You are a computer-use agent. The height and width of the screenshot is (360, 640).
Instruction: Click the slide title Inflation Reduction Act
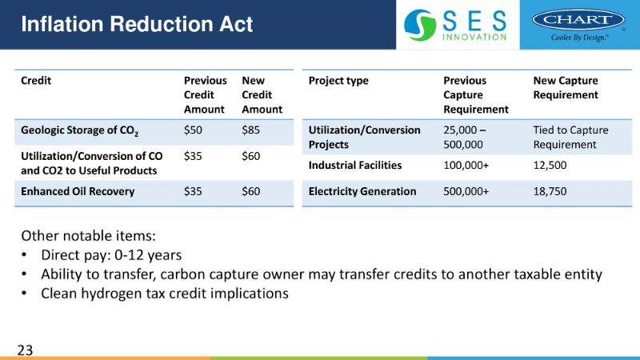point(137,24)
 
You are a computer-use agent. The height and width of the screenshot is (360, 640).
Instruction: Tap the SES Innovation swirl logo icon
point(420,25)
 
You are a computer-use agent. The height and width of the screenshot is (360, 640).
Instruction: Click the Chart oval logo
point(578,19)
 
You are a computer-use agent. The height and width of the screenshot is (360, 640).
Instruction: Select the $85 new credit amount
point(250,130)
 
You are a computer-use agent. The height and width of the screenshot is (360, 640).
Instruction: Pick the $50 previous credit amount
point(193,130)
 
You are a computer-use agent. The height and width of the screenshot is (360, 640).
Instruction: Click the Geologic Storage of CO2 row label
point(79,131)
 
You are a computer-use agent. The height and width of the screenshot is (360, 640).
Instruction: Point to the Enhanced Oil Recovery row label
point(78,191)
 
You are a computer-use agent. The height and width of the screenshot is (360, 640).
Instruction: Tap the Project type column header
point(338,81)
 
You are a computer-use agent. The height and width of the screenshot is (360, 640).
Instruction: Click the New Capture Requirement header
point(566,88)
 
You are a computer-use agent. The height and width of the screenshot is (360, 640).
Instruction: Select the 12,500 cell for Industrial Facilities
point(550,166)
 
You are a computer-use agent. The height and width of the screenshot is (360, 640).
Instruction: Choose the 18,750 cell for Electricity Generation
point(550,191)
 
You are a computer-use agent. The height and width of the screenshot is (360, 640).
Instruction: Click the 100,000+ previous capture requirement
point(466,166)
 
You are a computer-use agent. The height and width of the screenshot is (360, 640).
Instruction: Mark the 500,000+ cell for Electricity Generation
point(466,191)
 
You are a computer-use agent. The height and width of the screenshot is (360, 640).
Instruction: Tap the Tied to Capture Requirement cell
point(570,137)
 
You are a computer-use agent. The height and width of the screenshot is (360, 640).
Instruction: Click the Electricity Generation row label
point(362,191)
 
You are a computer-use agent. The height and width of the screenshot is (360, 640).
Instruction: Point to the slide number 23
point(25,350)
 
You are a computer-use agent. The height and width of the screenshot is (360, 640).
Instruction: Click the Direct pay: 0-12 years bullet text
point(111,255)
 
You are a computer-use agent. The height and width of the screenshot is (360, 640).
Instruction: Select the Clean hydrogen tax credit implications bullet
point(165,294)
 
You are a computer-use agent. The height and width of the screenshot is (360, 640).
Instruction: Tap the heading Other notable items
point(89,236)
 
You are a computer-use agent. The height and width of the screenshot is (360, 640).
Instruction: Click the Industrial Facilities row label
point(355,166)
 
